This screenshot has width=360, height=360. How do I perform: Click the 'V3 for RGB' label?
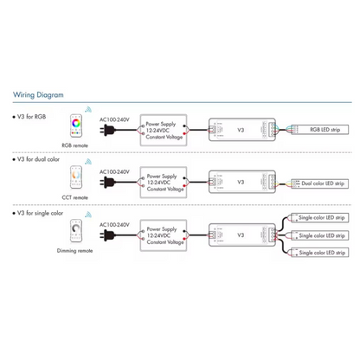31,116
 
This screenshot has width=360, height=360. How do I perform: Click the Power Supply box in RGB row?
165,131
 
